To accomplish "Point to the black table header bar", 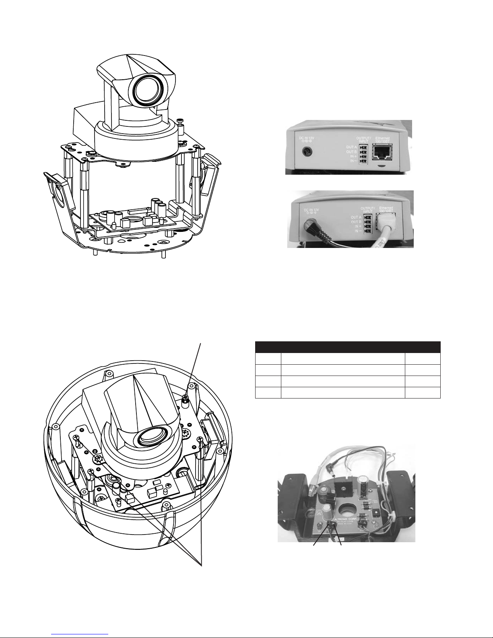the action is (x=348, y=347).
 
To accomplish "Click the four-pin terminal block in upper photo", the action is (x=363, y=154).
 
